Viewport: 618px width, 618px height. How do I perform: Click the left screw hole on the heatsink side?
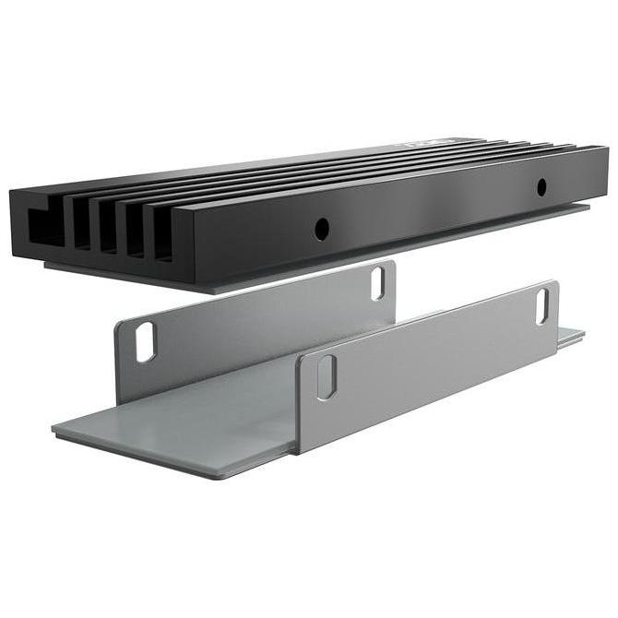click(x=321, y=229)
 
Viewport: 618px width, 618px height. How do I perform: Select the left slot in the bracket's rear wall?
click(x=146, y=341)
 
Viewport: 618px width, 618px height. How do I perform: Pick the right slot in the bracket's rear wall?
click(x=378, y=283)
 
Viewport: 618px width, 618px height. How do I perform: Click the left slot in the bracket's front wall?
click(x=326, y=376)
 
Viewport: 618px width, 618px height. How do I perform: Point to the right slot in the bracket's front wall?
click(x=543, y=306)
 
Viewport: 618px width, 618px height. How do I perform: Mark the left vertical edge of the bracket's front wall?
click(x=296, y=406)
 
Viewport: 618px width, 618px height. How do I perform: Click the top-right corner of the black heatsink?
click(x=605, y=148)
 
